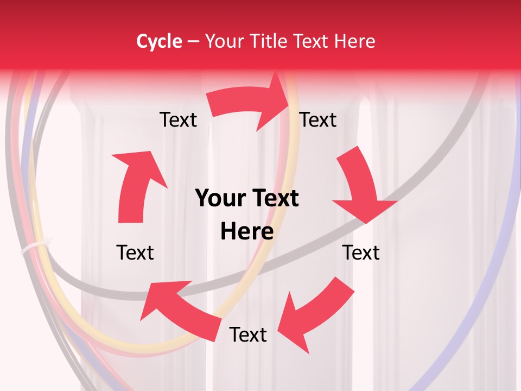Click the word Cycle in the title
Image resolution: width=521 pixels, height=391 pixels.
pyautogui.click(x=159, y=41)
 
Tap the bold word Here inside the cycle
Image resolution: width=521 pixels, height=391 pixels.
pyautogui.click(x=247, y=232)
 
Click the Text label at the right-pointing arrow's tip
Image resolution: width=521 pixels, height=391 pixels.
pyautogui.click(x=318, y=119)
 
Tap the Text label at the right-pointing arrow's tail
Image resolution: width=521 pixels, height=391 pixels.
pyautogui.click(x=178, y=119)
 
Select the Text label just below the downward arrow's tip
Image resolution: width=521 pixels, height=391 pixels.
pyautogui.click(x=361, y=253)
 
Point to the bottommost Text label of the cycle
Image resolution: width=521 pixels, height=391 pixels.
pyautogui.click(x=248, y=335)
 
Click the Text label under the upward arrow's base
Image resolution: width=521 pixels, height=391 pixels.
pyautogui.click(x=135, y=253)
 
